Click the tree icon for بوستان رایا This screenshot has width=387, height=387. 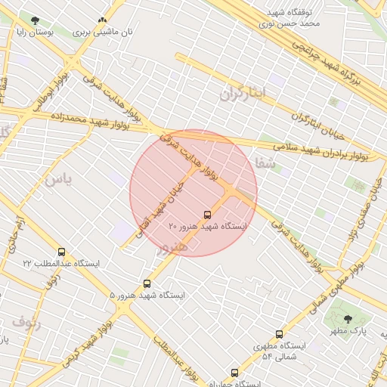[x=35, y=20]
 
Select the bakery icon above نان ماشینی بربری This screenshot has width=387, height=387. [x=102, y=20]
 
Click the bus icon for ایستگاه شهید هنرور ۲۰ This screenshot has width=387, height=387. [x=209, y=215]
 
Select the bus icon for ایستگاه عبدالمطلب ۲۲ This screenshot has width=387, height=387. [x=61, y=252]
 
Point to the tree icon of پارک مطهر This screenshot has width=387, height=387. [x=348, y=320]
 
